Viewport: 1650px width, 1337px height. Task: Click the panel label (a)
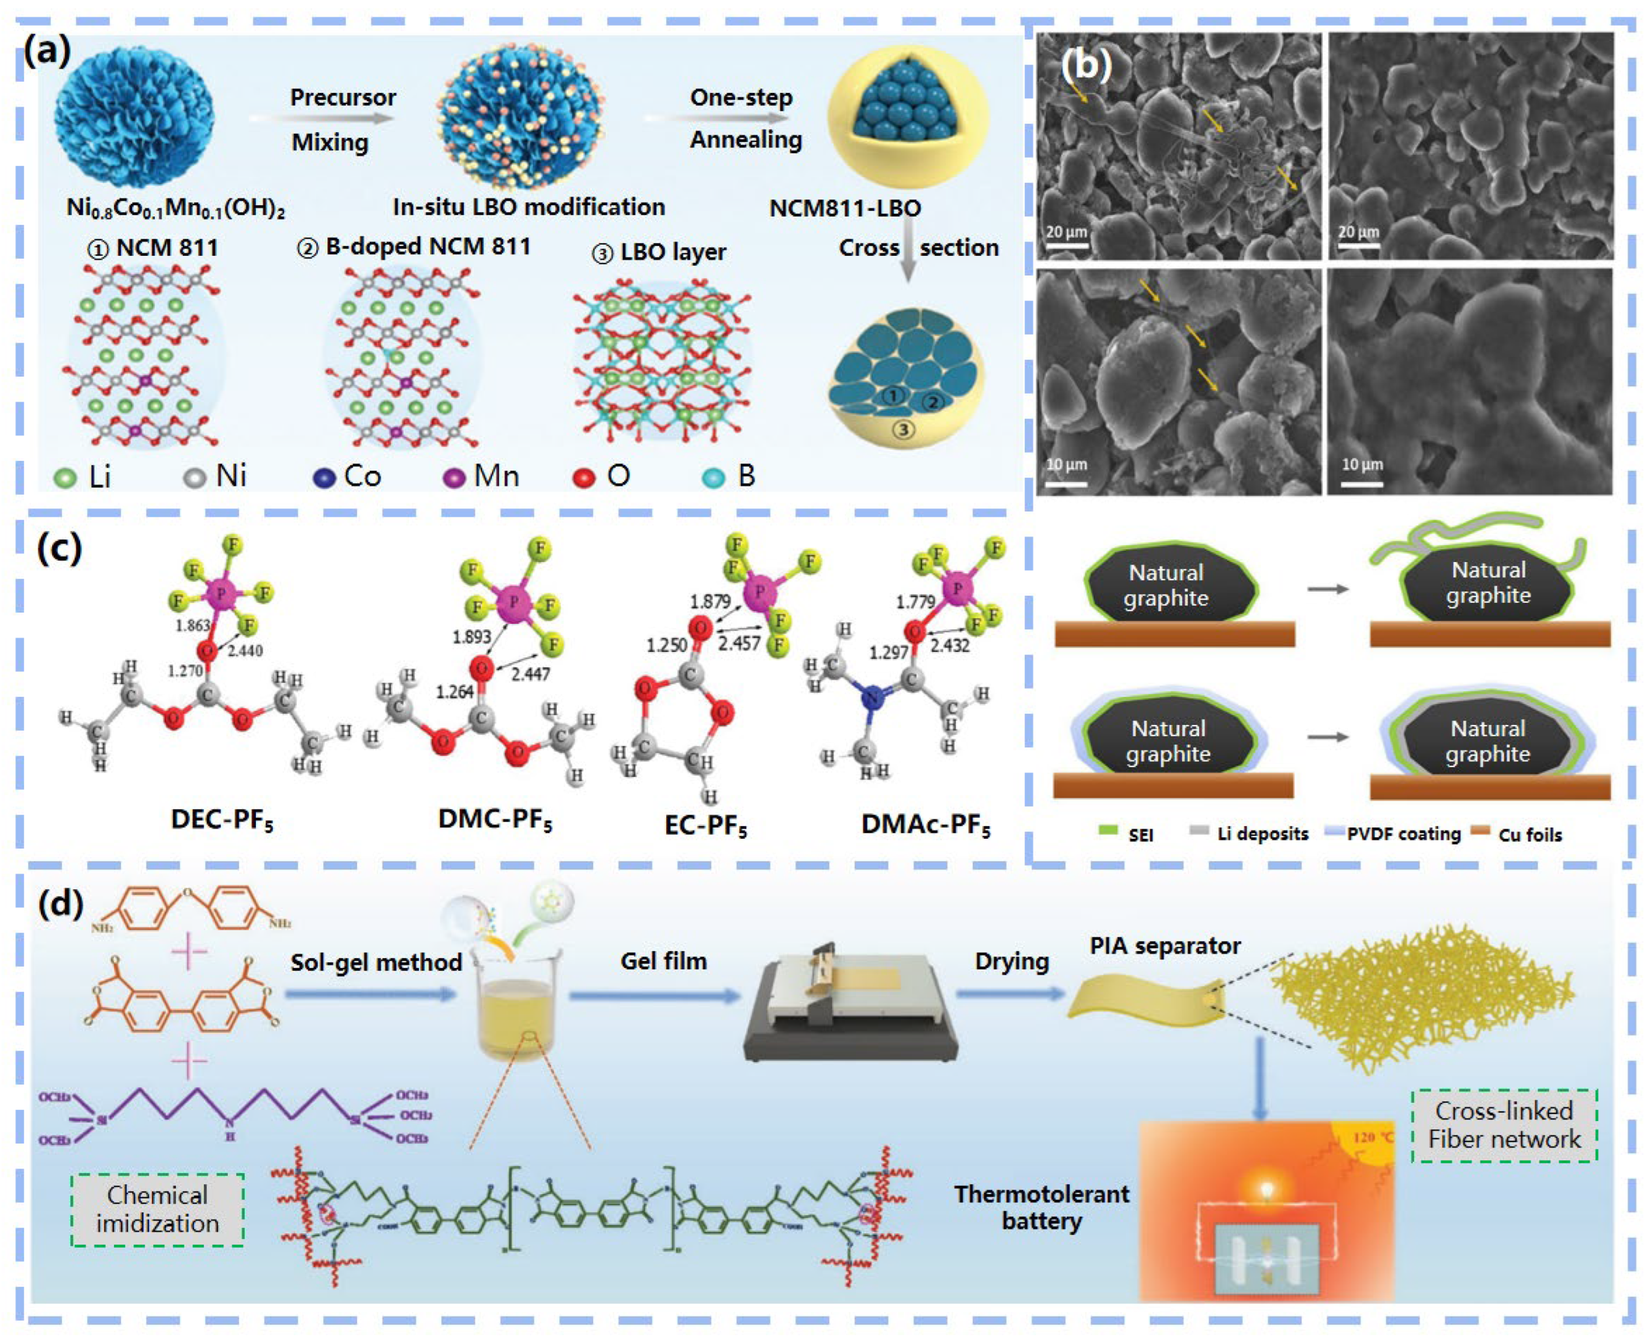point(48,52)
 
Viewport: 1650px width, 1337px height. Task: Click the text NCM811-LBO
point(845,208)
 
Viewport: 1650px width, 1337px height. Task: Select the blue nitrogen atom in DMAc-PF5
point(871,699)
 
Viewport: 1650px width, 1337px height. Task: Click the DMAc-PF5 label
point(925,825)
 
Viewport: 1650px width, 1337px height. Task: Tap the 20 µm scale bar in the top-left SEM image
point(1066,245)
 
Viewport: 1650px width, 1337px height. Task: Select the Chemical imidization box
point(157,1209)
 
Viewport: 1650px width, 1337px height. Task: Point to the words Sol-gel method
point(376,962)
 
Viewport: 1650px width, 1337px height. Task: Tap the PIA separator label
point(1165,946)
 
